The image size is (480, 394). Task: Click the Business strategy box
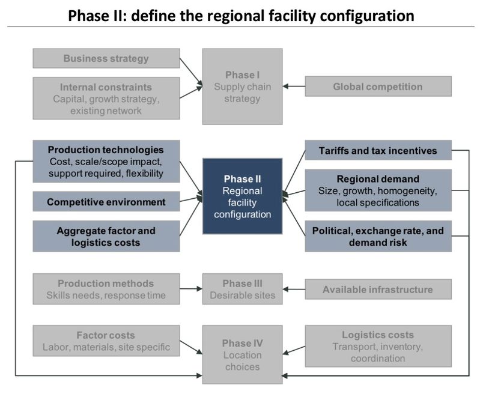106,59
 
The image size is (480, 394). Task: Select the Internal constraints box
106,99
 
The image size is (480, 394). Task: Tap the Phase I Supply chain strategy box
242,86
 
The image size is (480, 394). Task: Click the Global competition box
378,86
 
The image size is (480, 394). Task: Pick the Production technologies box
106,162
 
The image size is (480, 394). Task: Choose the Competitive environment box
106,202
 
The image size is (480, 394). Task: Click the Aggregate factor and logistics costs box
106,236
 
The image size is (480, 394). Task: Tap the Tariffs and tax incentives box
378,150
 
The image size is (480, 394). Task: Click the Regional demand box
378,190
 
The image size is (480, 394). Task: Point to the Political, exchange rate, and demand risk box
378,236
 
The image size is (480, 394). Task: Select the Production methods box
106,289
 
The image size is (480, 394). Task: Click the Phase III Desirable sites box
242,289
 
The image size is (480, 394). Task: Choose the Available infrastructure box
378,289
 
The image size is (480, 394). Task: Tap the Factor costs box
106,341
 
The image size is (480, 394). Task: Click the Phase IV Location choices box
242,354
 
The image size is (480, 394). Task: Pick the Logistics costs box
378,346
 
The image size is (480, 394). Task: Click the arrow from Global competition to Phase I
294,86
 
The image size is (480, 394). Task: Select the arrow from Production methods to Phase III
191,289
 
